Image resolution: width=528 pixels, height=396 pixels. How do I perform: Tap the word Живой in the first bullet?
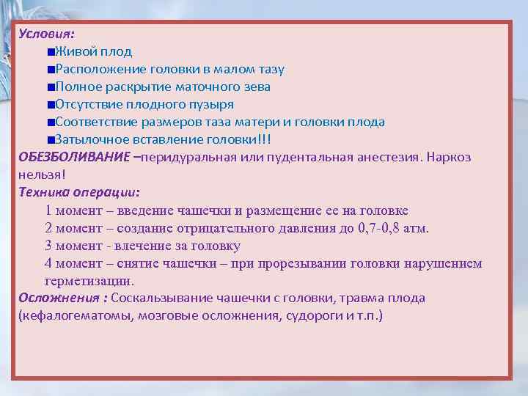tap(74, 51)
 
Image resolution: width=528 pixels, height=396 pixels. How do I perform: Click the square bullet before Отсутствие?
tap(48, 105)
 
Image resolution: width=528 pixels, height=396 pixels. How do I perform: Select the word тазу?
tap(268, 69)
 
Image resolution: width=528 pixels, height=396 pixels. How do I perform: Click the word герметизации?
tap(89, 281)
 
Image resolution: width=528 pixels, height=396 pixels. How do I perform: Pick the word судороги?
tap(304, 316)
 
